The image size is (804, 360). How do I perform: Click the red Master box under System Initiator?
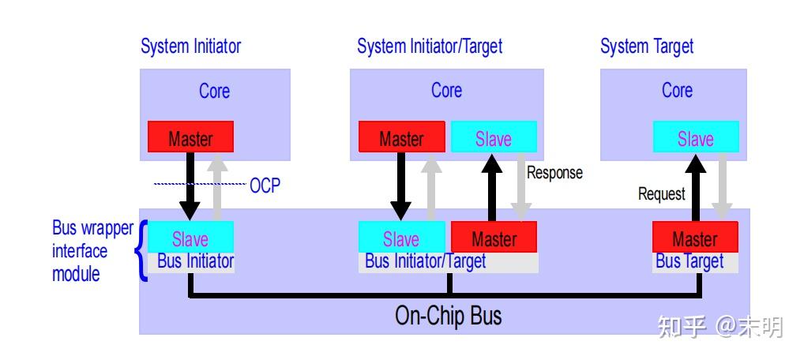click(x=190, y=137)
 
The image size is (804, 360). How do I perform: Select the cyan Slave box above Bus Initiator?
click(x=190, y=238)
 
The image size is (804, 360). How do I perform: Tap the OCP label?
click(x=265, y=186)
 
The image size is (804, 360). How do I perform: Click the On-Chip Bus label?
click(x=448, y=316)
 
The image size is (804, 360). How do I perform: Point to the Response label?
click(x=554, y=173)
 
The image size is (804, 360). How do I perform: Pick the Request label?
click(x=662, y=193)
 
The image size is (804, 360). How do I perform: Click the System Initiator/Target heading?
click(x=429, y=47)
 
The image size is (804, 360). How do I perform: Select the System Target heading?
click(x=646, y=47)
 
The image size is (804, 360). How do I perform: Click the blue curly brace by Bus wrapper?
click(x=142, y=251)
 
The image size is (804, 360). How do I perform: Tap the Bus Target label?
click(x=689, y=261)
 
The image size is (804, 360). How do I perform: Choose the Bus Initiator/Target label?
click(x=425, y=261)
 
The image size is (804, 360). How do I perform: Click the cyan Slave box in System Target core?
click(x=695, y=138)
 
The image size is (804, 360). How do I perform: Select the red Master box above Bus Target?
click(x=695, y=238)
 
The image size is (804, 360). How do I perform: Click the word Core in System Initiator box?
click(x=214, y=91)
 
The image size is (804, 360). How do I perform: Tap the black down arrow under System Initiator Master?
click(x=190, y=186)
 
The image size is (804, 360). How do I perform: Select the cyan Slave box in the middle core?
click(x=493, y=138)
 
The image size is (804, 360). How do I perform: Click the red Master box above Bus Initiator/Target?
click(x=494, y=238)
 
